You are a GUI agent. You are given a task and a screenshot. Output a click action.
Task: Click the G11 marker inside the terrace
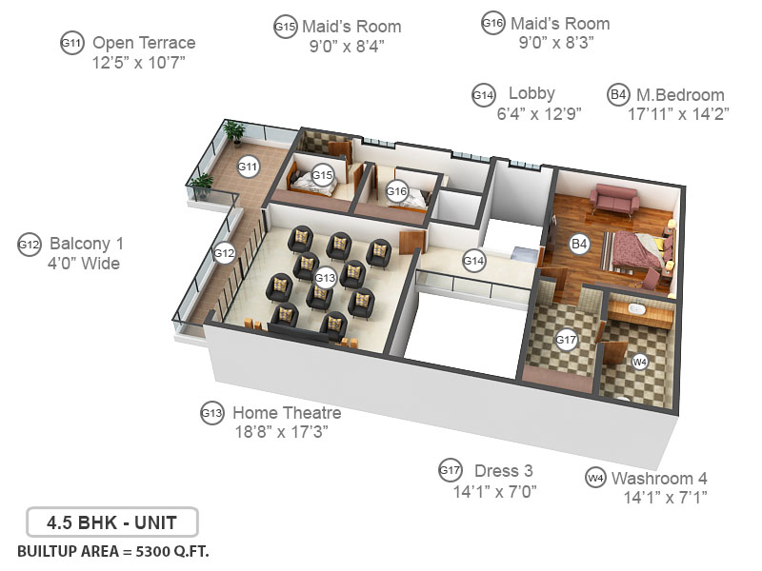click(249, 167)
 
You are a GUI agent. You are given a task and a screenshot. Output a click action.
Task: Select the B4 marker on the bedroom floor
click(579, 245)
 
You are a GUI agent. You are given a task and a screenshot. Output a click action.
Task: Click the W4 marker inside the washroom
click(640, 362)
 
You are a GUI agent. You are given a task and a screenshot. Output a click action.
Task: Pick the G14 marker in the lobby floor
click(473, 259)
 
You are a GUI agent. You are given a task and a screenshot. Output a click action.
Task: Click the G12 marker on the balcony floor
click(224, 253)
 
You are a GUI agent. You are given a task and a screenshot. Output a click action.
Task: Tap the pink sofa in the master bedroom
click(614, 200)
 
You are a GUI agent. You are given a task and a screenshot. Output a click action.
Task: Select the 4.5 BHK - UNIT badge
click(110, 522)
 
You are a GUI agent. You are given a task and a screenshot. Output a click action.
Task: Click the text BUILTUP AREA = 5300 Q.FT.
click(113, 551)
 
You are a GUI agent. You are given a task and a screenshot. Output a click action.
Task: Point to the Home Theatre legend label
click(287, 413)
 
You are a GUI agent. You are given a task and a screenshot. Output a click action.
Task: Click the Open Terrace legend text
click(144, 43)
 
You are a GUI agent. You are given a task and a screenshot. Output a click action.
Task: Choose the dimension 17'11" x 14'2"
click(677, 114)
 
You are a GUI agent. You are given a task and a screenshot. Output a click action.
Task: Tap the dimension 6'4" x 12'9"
click(539, 112)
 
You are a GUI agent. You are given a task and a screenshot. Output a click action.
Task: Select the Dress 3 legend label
click(502, 471)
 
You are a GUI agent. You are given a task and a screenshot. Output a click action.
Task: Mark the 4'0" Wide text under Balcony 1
click(84, 263)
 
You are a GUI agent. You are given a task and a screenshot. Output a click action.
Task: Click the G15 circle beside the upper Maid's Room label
click(285, 28)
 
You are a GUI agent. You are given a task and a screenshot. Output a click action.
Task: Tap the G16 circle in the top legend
click(492, 24)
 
